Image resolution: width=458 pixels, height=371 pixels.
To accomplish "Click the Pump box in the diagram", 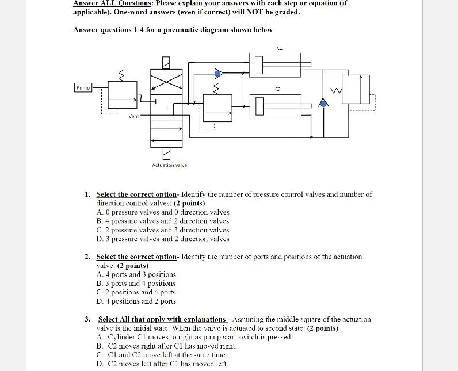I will pos(83,87).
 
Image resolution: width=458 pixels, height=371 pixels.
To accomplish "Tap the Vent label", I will pos(133,116).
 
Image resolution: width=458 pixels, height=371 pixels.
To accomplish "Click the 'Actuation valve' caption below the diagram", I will pos(169,165).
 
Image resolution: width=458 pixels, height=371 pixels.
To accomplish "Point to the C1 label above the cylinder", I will pos(279,48).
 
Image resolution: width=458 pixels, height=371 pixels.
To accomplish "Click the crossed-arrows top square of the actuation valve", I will pos(166,81).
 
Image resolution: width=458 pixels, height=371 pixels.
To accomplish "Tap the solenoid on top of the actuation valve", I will pos(166,62).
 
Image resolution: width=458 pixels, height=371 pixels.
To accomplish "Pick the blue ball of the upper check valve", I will pos(217,74).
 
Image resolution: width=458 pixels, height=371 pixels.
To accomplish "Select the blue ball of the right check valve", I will pos(324,103).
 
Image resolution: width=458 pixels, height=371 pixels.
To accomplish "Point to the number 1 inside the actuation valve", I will pos(167,108).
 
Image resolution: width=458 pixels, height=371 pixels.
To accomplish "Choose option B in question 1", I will pos(163,221).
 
